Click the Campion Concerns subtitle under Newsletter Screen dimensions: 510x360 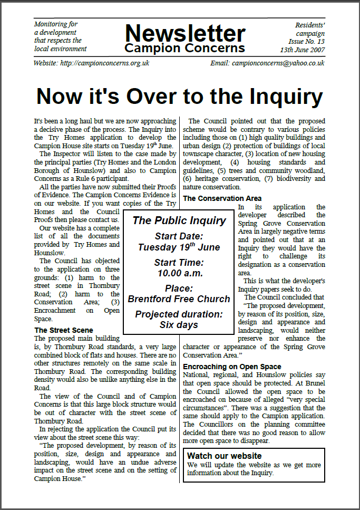pos(185,49)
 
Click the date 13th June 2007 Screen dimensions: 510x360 pos(303,50)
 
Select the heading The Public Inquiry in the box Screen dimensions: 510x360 pos(179,220)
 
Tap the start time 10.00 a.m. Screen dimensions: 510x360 pos(179,273)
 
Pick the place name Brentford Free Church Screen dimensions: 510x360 pos(179,299)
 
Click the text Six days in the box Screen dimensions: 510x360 pos(179,325)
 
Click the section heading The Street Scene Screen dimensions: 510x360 pos(63,330)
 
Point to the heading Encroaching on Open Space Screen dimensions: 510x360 pos(232,367)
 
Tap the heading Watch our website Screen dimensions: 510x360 pos(225,456)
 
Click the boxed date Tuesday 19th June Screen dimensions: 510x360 pos(179,247)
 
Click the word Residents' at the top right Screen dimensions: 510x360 pos(310,24)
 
